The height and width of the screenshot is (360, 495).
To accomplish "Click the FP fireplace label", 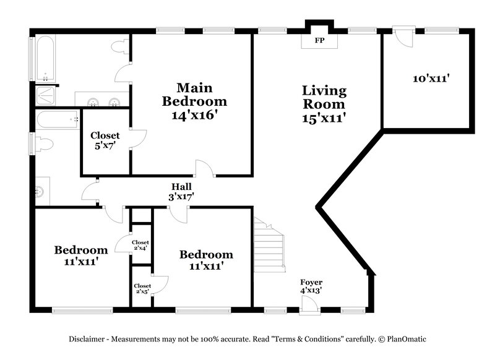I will coord(319,41).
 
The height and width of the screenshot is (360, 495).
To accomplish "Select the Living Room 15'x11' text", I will coord(324,104).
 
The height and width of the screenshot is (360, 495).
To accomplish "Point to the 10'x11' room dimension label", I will coord(431,79).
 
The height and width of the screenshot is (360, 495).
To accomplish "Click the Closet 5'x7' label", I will coord(105,141).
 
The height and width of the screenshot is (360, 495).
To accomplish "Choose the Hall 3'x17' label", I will coord(182,192).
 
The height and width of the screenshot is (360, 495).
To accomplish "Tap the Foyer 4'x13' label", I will coord(311,286).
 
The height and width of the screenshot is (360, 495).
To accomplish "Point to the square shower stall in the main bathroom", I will coord(46,96).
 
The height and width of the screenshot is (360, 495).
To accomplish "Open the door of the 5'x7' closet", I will coord(139,137).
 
